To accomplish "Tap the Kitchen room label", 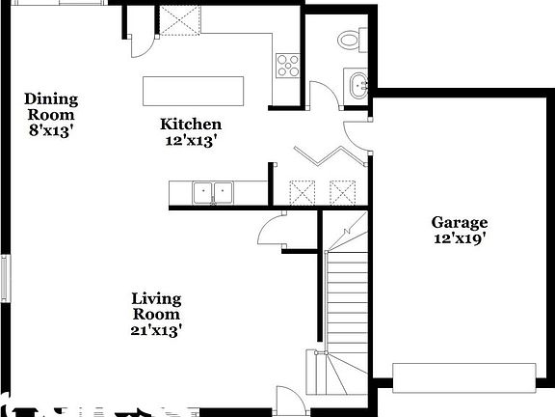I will [x=191, y=124].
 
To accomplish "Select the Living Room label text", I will [x=156, y=306].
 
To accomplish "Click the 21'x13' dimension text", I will [x=157, y=330].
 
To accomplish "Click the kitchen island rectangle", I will [x=193, y=91].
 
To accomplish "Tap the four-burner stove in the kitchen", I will [x=287, y=66].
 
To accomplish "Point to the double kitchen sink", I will [x=214, y=193].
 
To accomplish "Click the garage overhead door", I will [x=464, y=376].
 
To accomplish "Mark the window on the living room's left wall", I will [x=5, y=278].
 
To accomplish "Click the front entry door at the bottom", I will [x=287, y=401].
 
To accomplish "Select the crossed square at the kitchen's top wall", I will [x=178, y=19].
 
